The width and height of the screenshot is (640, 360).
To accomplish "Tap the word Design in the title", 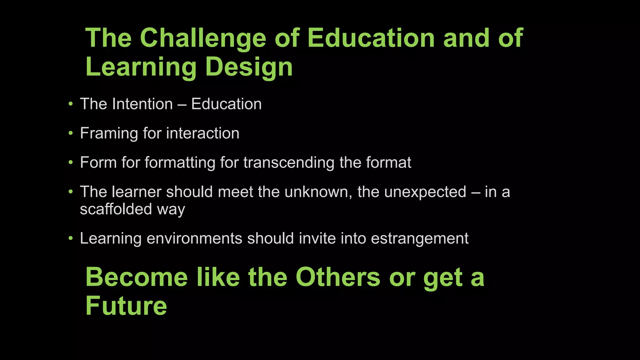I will pyautogui.click(x=249, y=67).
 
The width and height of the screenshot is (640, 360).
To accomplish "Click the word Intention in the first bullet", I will pyautogui.click(x=142, y=104).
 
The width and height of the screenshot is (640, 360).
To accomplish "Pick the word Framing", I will pyautogui.click(x=109, y=133).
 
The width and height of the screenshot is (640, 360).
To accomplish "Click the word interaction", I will pyautogui.click(x=203, y=133).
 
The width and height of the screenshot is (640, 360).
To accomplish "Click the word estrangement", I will pyautogui.click(x=420, y=238).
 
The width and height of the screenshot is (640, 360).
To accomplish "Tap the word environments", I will pyautogui.click(x=194, y=238).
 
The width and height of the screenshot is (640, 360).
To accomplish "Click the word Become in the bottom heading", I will pyautogui.click(x=137, y=277).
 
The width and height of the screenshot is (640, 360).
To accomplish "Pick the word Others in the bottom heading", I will pyautogui.click(x=338, y=277).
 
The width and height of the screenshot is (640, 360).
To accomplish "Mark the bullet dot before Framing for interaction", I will pyautogui.click(x=71, y=133).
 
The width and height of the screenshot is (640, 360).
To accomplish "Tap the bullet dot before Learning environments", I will pyautogui.click(x=71, y=238).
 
